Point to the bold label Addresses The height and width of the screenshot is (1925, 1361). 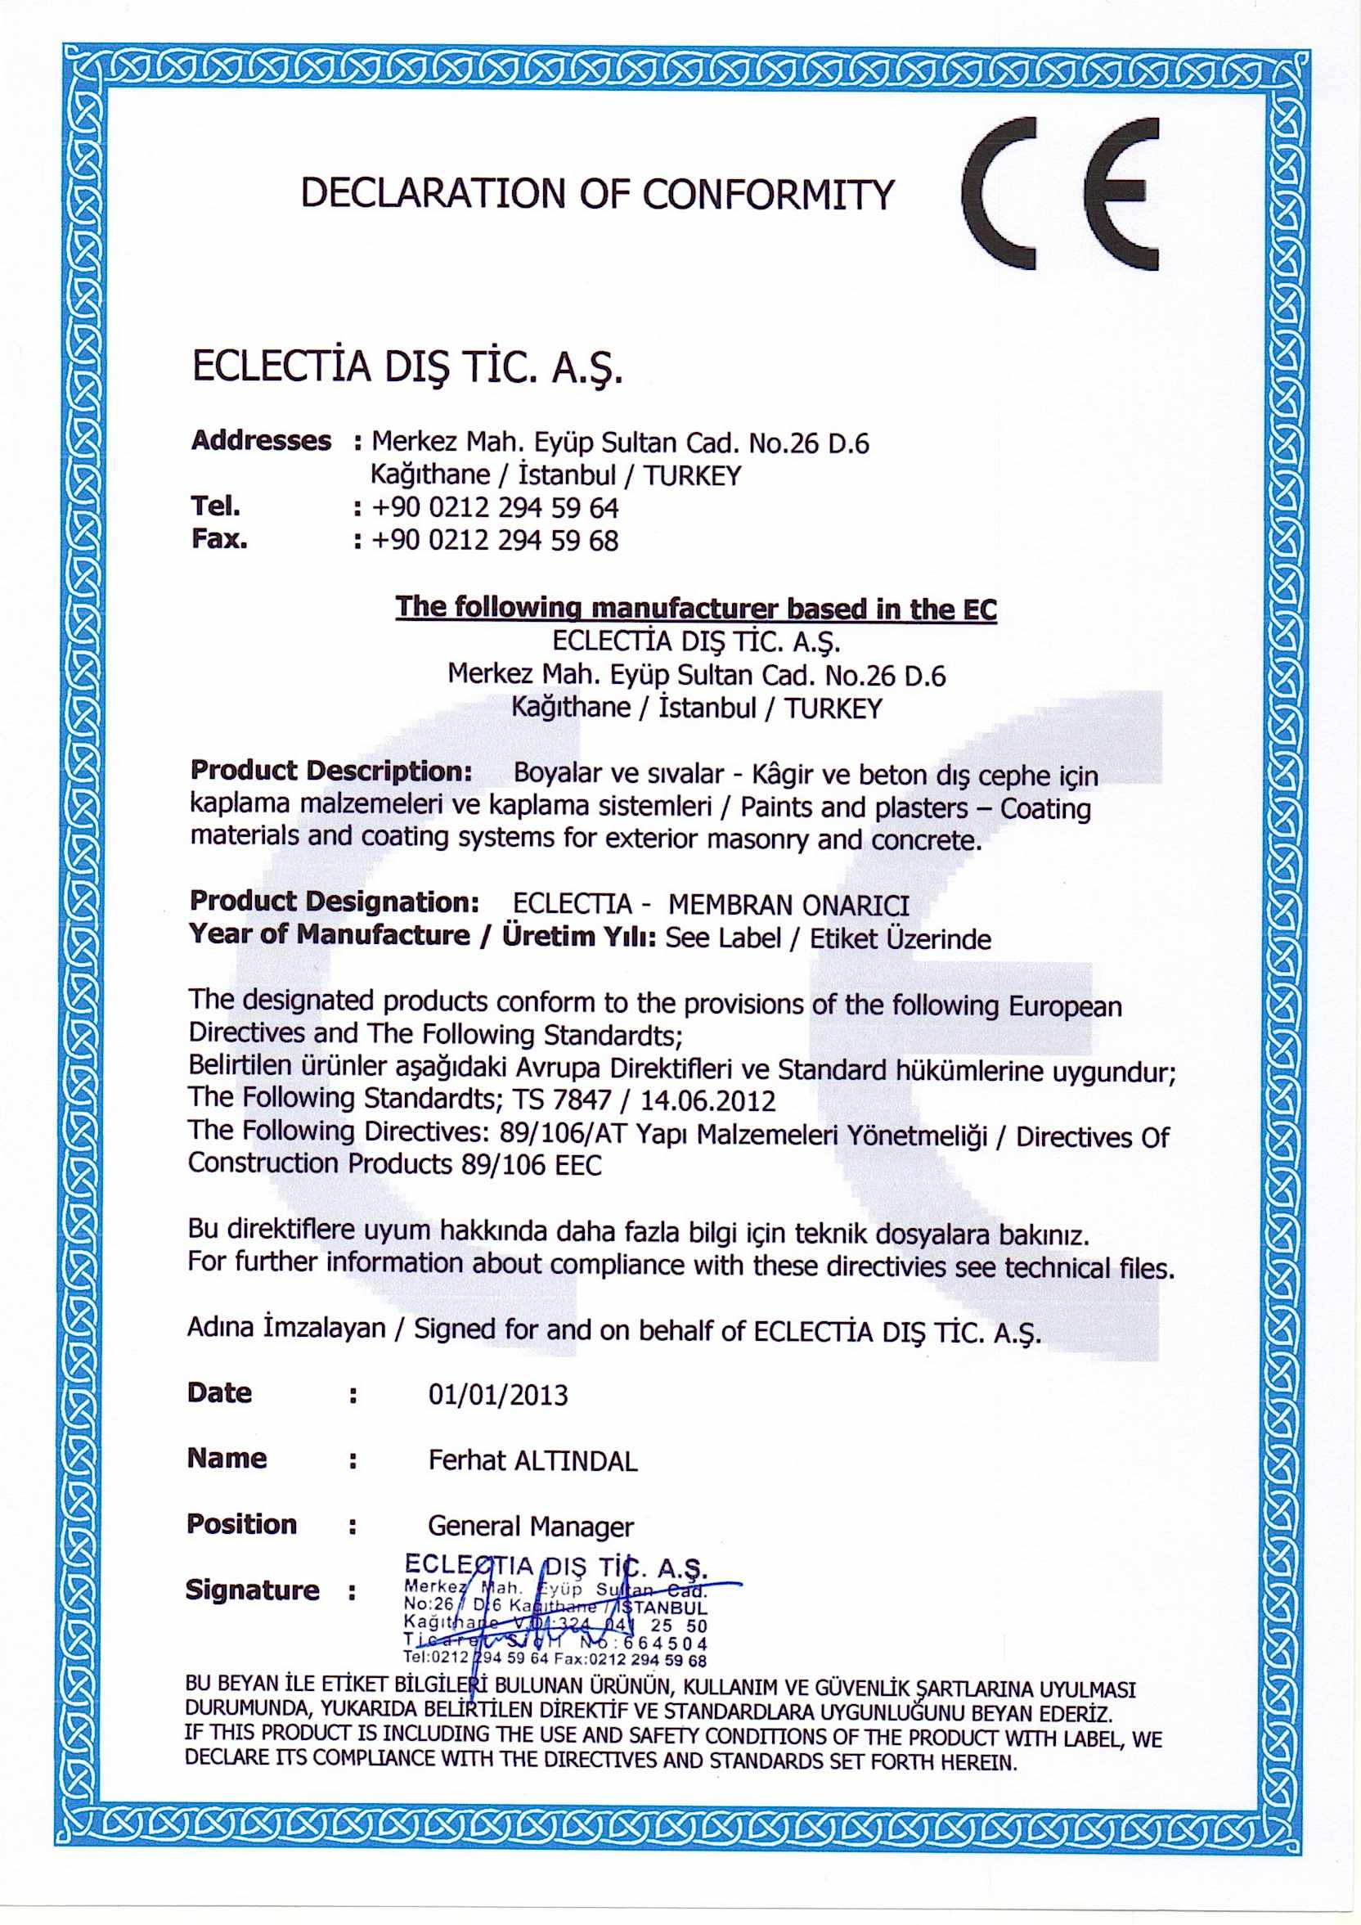(262, 440)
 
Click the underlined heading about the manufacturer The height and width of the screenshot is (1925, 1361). (695, 608)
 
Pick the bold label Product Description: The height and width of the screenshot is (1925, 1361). (332, 771)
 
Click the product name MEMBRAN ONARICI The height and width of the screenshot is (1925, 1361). (788, 905)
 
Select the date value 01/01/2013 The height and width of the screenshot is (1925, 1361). (498, 1395)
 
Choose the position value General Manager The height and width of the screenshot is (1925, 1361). (531, 1526)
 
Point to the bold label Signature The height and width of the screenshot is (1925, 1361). (252, 1590)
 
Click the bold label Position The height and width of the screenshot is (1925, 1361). (241, 1524)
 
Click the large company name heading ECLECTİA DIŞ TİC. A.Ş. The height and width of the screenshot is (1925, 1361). (408, 368)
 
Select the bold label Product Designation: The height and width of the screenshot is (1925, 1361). (335, 902)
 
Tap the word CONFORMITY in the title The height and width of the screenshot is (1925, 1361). (769, 194)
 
